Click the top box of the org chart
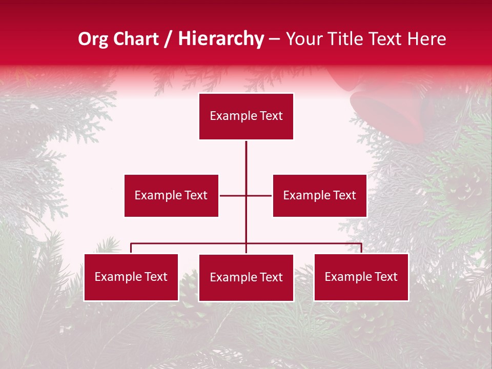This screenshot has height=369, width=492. (246, 116)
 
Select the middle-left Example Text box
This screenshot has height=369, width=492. (171, 195)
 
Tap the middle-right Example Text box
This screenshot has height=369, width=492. (319, 195)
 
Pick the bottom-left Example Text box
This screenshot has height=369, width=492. (131, 277)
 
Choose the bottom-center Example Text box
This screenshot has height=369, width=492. (246, 278)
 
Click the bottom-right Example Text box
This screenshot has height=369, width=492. (361, 277)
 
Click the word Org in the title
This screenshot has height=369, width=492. (93, 39)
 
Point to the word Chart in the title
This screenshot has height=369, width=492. (135, 39)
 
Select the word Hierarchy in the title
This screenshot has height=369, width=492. (221, 39)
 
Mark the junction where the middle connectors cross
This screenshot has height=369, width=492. (246, 195)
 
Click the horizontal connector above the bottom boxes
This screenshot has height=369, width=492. (190, 243)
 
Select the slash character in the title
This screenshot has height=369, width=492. (168, 39)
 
